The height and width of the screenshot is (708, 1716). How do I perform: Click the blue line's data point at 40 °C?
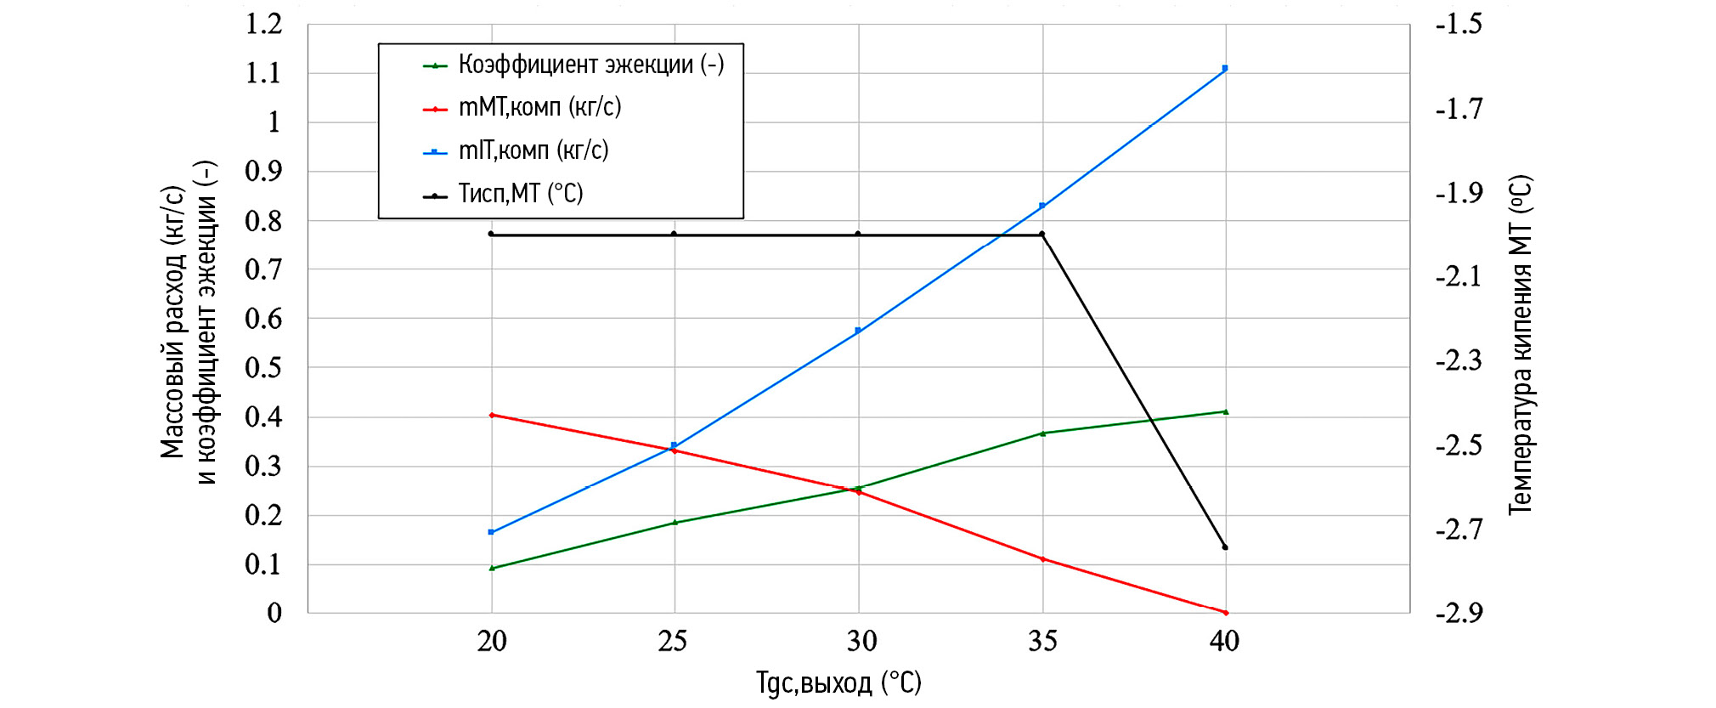pos(1224,68)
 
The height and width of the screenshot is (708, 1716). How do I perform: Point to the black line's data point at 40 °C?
pos(1224,547)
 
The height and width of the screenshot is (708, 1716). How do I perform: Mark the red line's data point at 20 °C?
pos(492,415)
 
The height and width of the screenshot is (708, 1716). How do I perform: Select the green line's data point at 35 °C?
pos(1042,433)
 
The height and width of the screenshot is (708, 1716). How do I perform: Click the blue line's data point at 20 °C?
pos(491,532)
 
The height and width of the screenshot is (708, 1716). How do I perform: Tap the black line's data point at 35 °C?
pos(1042,235)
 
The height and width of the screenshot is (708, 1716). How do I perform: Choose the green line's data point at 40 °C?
pos(1224,412)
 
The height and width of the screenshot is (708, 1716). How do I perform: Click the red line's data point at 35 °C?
pos(1042,558)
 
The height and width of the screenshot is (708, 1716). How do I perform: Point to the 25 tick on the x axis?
pos(673,641)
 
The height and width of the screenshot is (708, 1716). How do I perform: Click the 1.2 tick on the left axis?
pos(263,24)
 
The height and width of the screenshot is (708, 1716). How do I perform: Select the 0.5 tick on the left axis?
pos(263,368)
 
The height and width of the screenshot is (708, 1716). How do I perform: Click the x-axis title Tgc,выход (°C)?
pos(838,683)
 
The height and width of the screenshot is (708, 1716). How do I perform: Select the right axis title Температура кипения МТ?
pos(1520,344)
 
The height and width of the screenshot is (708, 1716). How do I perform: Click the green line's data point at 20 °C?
pos(492,568)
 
